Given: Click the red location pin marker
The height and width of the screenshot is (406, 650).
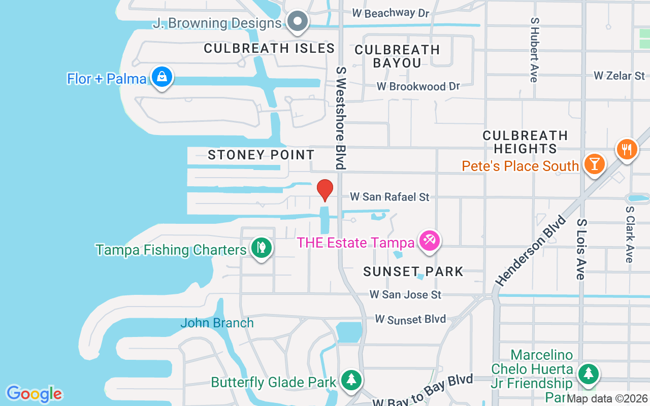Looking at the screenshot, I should pyautogui.click(x=325, y=189).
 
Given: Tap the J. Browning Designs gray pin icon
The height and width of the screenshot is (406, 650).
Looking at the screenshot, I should pyautogui.click(x=298, y=22).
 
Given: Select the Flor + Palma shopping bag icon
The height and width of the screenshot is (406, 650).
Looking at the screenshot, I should pyautogui.click(x=162, y=77).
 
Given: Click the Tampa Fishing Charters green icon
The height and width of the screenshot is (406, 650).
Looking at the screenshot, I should pyautogui.click(x=261, y=248).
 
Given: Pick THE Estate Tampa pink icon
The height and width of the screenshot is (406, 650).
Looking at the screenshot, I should pyautogui.click(x=430, y=240).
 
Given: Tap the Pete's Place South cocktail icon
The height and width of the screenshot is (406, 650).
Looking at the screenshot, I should pyautogui.click(x=593, y=164).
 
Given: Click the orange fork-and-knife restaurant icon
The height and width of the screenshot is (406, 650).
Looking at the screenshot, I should pyautogui.click(x=627, y=149).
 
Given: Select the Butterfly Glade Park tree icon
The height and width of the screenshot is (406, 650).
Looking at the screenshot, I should pyautogui.click(x=350, y=380).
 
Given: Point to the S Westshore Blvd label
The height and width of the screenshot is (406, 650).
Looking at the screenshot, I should pyautogui.click(x=340, y=117).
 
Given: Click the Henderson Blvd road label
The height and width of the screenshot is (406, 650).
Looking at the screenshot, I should pyautogui.click(x=531, y=251).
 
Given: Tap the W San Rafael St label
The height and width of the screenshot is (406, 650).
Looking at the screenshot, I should pyautogui.click(x=389, y=197).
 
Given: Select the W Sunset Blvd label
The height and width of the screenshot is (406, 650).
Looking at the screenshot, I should pyautogui.click(x=410, y=319).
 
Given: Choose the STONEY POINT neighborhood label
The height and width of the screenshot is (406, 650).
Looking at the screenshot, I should pyautogui.click(x=261, y=155).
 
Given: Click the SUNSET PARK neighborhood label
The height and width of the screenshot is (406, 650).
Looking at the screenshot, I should pyautogui.click(x=413, y=272).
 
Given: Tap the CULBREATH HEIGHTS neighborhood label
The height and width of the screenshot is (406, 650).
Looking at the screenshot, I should pyautogui.click(x=525, y=142).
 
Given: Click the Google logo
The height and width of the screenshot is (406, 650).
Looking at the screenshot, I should pyautogui.click(x=34, y=394).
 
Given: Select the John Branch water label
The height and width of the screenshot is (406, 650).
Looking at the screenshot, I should pyautogui.click(x=217, y=323).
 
